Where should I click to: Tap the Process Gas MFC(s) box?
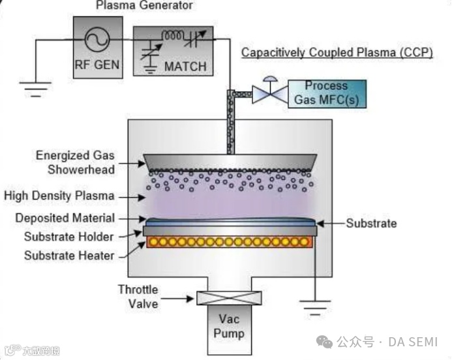point(326,93)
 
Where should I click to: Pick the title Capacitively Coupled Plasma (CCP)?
point(337,52)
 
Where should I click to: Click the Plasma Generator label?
point(144,6)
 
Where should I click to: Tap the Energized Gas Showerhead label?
point(75,162)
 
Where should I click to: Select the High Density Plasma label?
point(59,196)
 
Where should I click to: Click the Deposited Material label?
point(65,218)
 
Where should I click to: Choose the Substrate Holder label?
point(69,236)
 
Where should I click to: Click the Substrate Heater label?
point(69,255)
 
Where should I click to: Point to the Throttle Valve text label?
point(138,295)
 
